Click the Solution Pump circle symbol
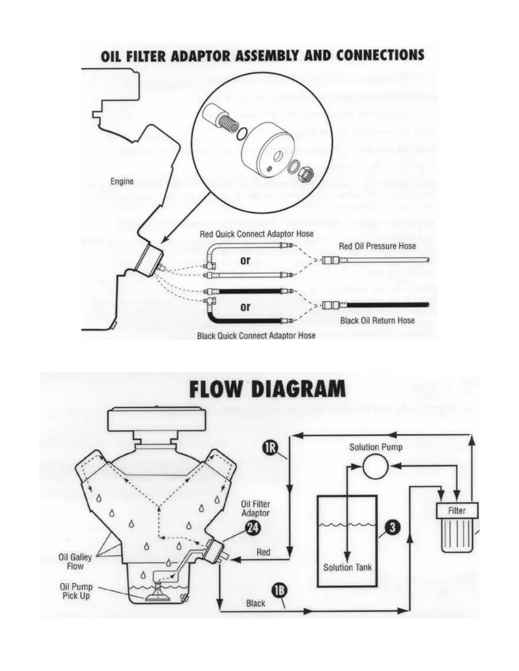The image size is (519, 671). (376, 466)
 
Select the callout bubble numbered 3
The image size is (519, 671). (392, 527)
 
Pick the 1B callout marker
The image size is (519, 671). (279, 592)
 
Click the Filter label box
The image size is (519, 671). (457, 510)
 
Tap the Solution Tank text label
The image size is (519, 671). (347, 567)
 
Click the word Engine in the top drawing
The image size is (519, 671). (122, 181)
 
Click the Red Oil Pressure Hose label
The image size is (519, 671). (377, 246)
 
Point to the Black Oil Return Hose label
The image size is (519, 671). (377, 320)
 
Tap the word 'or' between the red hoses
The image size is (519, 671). (246, 261)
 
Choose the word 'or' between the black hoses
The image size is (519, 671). (246, 306)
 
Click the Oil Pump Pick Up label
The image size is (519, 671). (76, 591)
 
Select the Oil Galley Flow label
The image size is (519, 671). (75, 562)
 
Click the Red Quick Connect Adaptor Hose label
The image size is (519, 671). (257, 234)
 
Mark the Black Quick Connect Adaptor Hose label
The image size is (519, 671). (256, 335)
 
